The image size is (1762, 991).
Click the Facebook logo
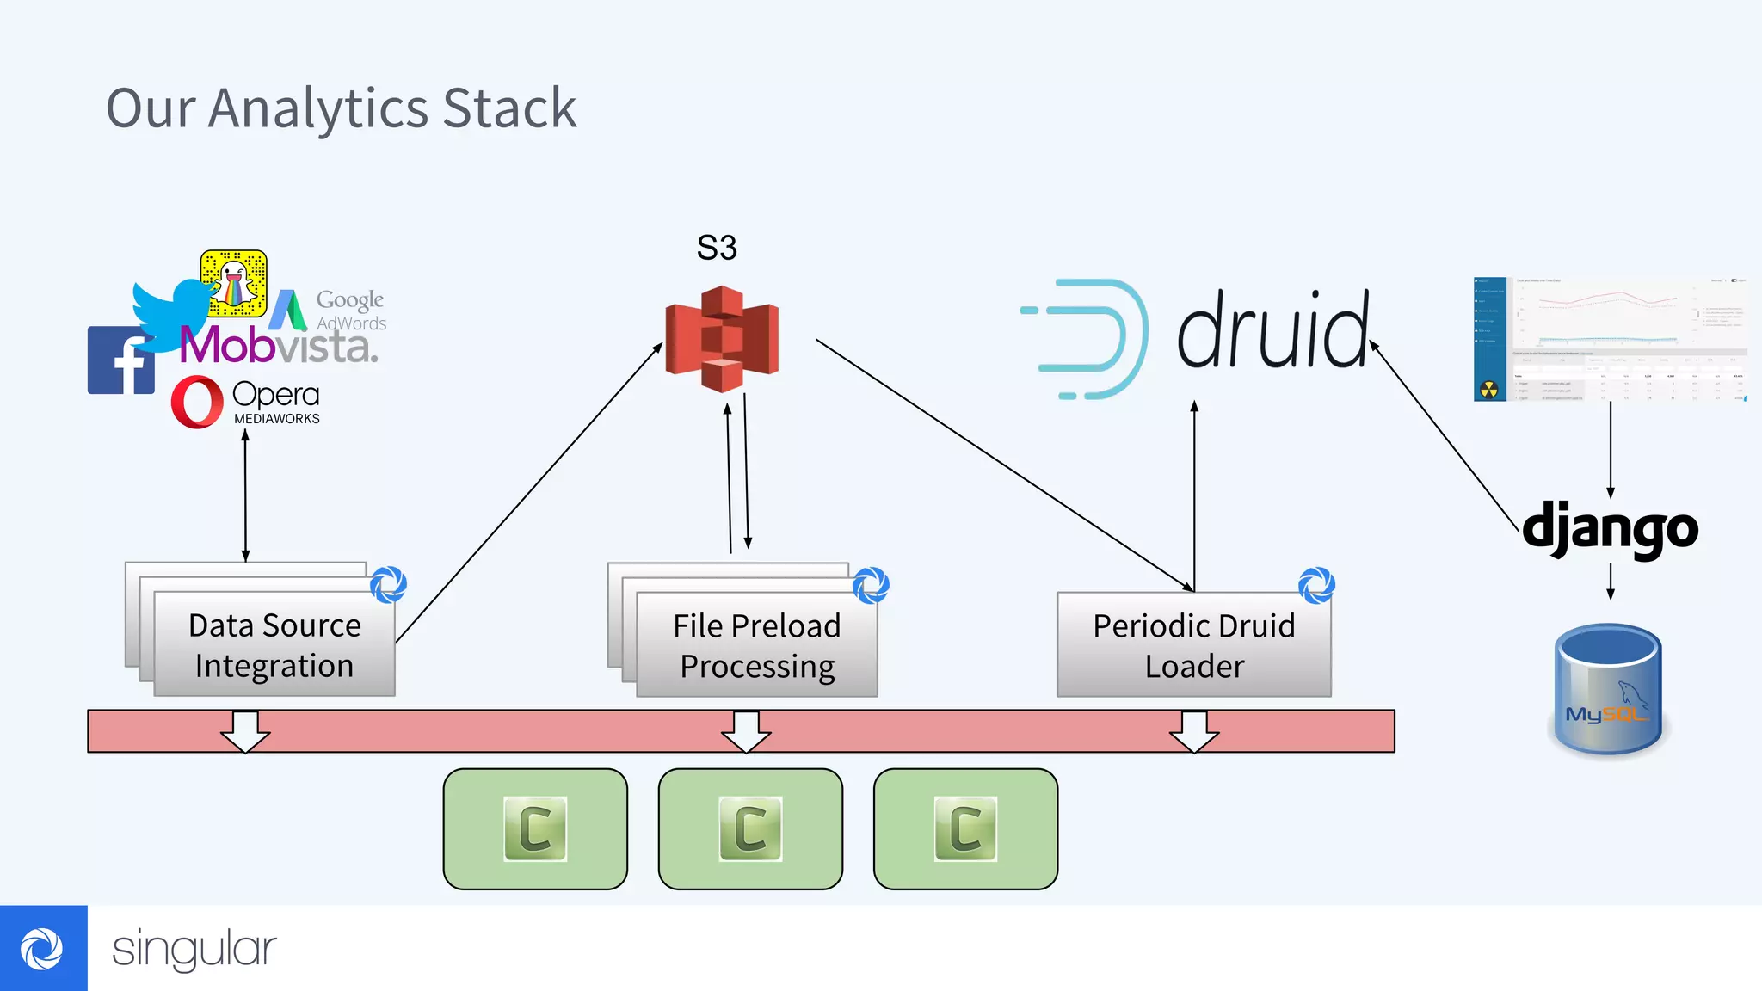point(120,361)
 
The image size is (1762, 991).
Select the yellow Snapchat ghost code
point(234,284)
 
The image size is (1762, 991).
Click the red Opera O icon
point(197,402)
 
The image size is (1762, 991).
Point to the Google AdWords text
point(350,310)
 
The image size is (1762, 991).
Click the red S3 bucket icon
point(722,340)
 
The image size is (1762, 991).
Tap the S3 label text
point(717,248)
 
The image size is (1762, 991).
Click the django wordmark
point(1610,528)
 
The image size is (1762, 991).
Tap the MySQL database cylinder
point(1608,691)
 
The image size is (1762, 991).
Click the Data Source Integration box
point(274,645)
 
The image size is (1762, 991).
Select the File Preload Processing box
point(756,645)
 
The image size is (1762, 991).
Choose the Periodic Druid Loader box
point(1193,645)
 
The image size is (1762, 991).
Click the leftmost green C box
point(535,828)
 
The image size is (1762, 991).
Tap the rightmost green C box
point(965,828)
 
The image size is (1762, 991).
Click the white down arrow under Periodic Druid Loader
point(1193,732)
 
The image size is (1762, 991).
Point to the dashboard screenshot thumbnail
point(1610,339)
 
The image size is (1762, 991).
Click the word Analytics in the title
point(318,109)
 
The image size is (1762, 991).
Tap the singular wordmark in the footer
point(194,949)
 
